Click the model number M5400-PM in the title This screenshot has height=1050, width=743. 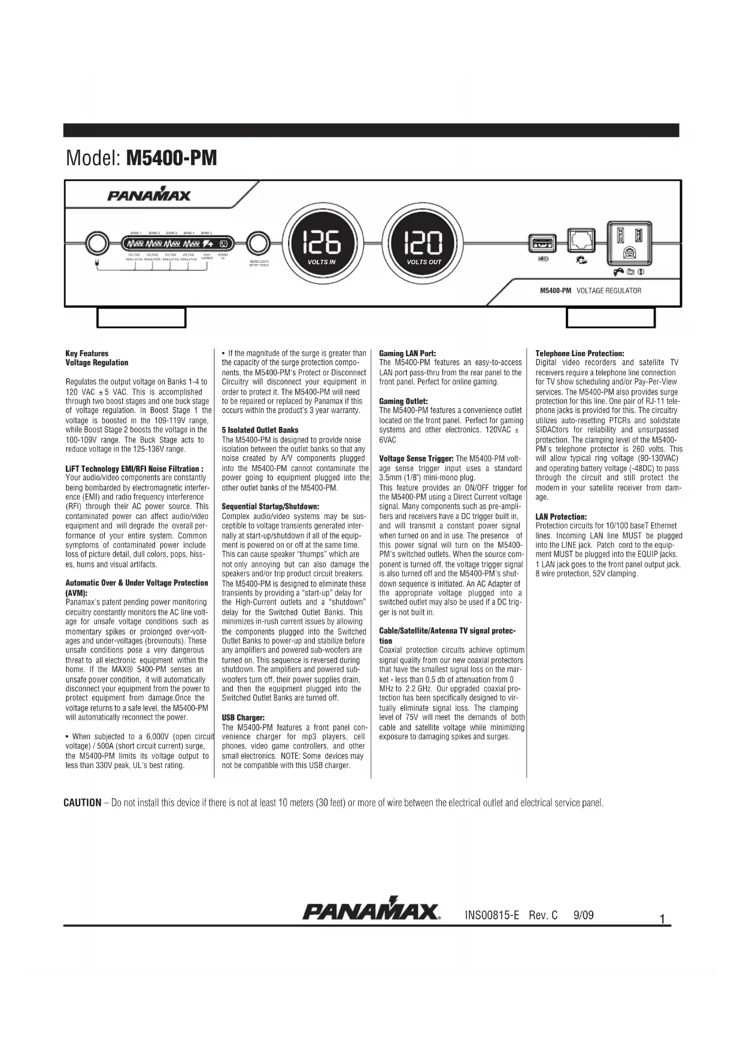(x=172, y=159)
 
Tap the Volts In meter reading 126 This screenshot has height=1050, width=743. (x=322, y=243)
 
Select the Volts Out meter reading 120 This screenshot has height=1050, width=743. (x=424, y=243)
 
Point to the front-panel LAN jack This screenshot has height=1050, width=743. (x=580, y=239)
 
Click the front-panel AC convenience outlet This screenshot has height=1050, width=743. (x=629, y=242)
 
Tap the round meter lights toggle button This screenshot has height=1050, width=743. (x=258, y=244)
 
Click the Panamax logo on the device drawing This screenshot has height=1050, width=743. (x=149, y=195)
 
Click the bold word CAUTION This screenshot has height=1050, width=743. (x=82, y=803)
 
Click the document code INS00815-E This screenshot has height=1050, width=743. (x=492, y=915)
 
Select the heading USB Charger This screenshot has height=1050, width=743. (x=243, y=717)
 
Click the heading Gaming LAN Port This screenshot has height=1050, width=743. (x=408, y=354)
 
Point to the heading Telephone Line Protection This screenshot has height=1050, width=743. (x=580, y=354)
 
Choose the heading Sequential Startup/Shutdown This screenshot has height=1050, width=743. (x=271, y=506)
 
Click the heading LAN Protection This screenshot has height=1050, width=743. (x=561, y=517)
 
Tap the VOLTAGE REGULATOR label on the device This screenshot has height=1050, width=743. (x=608, y=291)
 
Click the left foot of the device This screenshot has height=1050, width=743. (x=141, y=318)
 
